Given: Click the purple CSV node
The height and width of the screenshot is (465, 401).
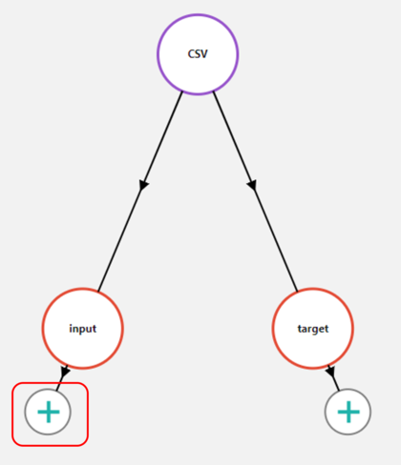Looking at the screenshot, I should [x=198, y=54].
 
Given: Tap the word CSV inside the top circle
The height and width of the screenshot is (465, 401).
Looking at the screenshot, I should [x=198, y=54].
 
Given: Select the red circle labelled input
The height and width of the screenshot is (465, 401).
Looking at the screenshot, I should [x=83, y=329].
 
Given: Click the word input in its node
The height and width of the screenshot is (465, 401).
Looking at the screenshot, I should [x=83, y=329].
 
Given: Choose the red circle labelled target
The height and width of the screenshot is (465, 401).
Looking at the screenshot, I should [x=313, y=329].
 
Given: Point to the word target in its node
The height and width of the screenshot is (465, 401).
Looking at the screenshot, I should [x=313, y=329].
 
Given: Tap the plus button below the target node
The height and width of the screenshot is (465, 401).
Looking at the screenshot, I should [x=348, y=412].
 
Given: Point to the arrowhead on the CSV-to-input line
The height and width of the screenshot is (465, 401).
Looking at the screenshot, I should [x=144, y=184].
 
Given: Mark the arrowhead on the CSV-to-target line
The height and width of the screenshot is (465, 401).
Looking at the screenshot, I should [x=252, y=184].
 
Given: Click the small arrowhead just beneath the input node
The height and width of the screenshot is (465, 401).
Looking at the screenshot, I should [x=64, y=373].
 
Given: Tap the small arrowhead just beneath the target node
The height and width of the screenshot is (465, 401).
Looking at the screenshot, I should [x=330, y=373].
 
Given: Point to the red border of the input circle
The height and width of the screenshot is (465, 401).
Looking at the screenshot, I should [x=44, y=329].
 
